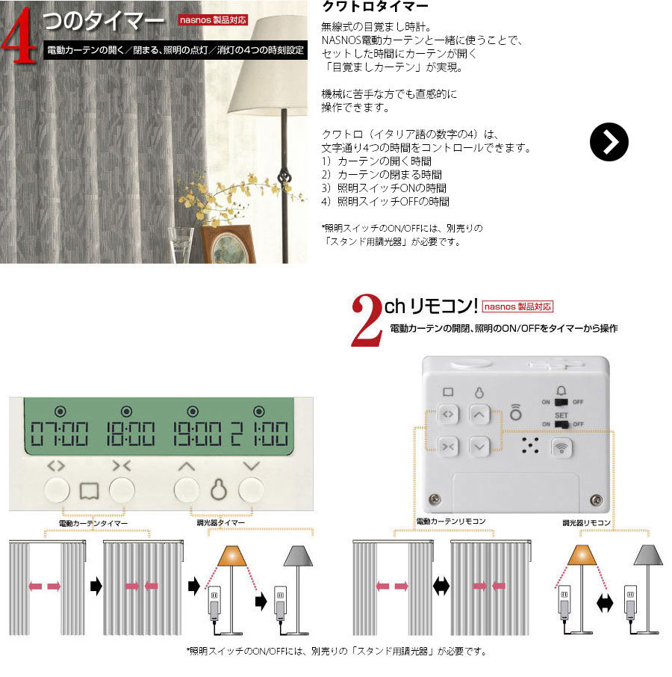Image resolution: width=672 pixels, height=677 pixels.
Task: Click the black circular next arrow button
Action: (x=609, y=142)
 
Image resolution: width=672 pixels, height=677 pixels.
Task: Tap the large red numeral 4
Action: (x=19, y=35)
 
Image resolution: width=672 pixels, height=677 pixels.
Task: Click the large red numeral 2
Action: (x=367, y=320)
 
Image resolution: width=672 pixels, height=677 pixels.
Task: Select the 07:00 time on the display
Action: (x=60, y=433)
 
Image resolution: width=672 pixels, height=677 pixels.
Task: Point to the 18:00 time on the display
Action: (x=131, y=433)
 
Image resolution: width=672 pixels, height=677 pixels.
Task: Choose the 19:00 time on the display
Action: (x=197, y=433)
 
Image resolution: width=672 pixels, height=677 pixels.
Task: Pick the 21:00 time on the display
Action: (x=260, y=433)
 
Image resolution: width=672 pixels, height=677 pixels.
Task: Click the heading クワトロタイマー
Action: (x=375, y=6)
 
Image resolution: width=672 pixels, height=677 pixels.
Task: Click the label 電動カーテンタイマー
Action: (x=93, y=523)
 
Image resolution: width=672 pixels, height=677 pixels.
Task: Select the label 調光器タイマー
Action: (x=221, y=522)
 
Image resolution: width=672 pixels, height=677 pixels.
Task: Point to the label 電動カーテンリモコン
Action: (x=451, y=521)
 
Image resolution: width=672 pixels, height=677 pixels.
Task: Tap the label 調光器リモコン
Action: (x=587, y=522)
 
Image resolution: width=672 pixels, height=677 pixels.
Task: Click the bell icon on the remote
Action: (x=561, y=391)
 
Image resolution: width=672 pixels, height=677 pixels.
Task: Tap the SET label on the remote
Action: (x=561, y=415)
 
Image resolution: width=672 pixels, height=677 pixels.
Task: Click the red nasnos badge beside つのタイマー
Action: (x=213, y=20)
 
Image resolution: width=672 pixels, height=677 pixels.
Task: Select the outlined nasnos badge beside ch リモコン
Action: (x=517, y=306)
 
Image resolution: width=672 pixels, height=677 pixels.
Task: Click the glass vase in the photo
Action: (x=180, y=245)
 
